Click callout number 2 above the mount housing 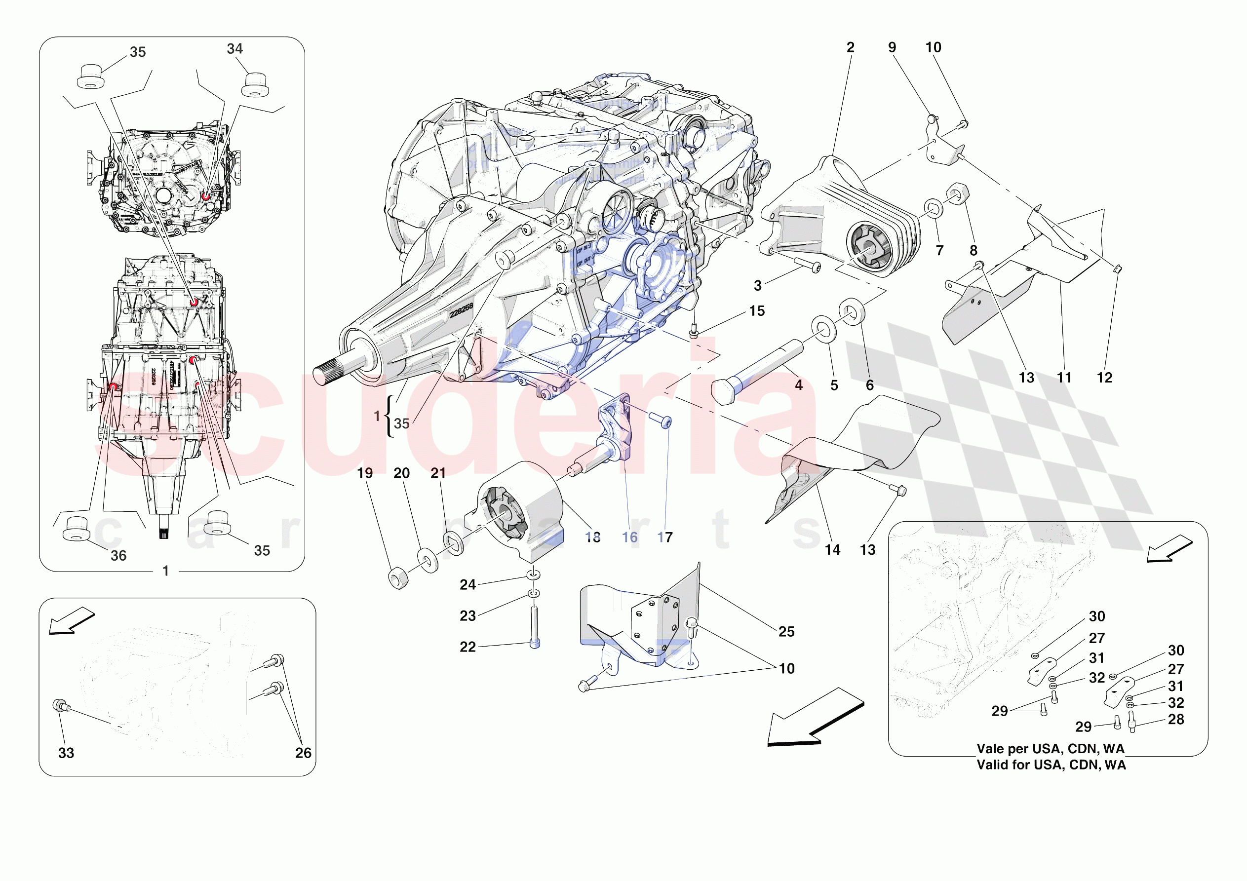pos(850,48)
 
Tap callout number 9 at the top pos(892,48)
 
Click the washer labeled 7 pos(933,208)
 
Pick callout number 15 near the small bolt pos(757,311)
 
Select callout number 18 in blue pos(592,537)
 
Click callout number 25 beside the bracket pos(786,632)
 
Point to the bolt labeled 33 pos(59,706)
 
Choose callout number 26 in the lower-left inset pos(303,753)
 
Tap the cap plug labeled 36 pos(75,529)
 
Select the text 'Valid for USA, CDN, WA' pos(1051,765)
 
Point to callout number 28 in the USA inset pos(1176,720)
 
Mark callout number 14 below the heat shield pos(832,550)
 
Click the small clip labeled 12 pos(1117,269)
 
